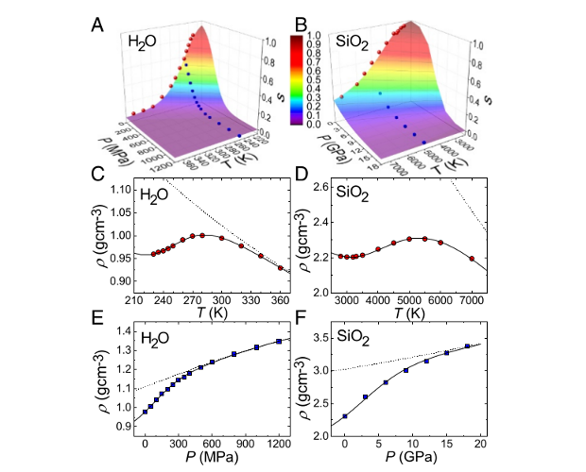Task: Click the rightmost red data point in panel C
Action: (x=280, y=268)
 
